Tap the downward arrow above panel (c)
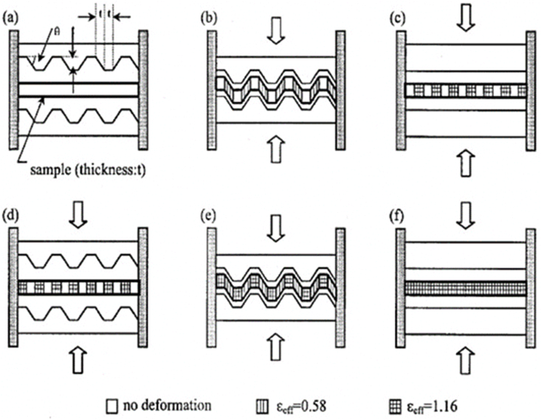pyautogui.click(x=464, y=20)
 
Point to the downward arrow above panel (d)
pyautogui.click(x=78, y=223)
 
